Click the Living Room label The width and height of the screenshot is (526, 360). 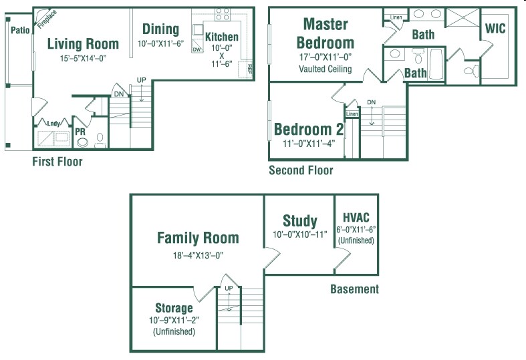[x=84, y=44]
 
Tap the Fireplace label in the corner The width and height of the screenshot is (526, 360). [x=47, y=19]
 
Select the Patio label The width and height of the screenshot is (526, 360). [x=20, y=30]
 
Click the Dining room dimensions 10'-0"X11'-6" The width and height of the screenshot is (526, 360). [x=161, y=43]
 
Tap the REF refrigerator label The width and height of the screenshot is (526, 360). [x=250, y=68]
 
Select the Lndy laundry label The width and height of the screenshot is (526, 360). [x=52, y=123]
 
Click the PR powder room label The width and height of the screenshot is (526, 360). [x=80, y=132]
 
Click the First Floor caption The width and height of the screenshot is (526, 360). [x=57, y=162]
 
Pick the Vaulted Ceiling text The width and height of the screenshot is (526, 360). [x=325, y=69]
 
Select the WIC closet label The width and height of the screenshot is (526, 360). [x=495, y=29]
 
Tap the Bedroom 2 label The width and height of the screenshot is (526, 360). [x=308, y=130]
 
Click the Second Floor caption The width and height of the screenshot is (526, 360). [x=301, y=170]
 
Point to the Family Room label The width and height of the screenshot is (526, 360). [x=198, y=238]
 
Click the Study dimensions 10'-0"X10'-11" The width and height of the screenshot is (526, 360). [x=299, y=234]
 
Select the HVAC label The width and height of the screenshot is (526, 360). [x=356, y=218]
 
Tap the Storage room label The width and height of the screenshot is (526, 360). [x=174, y=308]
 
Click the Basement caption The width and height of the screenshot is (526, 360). [x=354, y=289]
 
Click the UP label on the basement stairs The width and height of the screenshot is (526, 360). [x=228, y=288]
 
